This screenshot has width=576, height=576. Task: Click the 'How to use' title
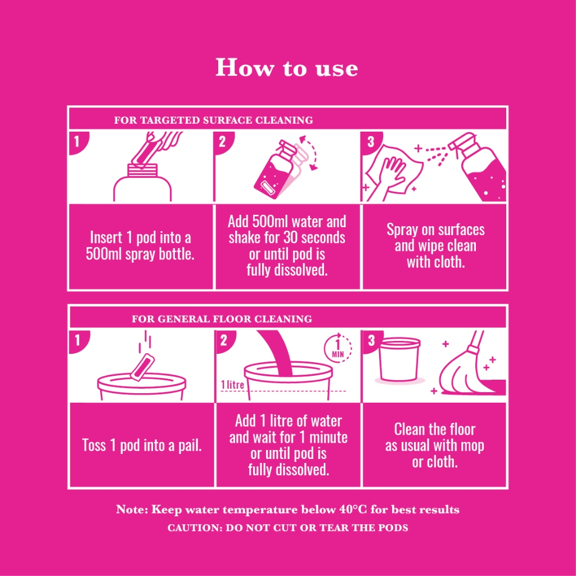click(286, 67)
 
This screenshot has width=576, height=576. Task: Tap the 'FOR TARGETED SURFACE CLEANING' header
click(213, 120)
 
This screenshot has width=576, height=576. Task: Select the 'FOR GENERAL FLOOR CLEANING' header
click(222, 318)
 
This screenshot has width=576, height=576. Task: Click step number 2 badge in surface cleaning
click(223, 142)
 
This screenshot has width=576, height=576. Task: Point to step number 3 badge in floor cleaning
click(371, 340)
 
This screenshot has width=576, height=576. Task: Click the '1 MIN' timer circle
click(337, 348)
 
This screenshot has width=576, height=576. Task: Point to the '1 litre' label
click(232, 385)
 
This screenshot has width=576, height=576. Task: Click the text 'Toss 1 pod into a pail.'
click(142, 445)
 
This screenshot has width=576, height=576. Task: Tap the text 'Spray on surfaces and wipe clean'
click(435, 238)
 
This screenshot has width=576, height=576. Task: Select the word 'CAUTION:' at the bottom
click(195, 528)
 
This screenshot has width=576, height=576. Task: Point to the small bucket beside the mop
click(399, 360)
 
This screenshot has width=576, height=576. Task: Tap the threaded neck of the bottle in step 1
click(142, 171)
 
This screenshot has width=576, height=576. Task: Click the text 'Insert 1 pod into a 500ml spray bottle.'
click(140, 246)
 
